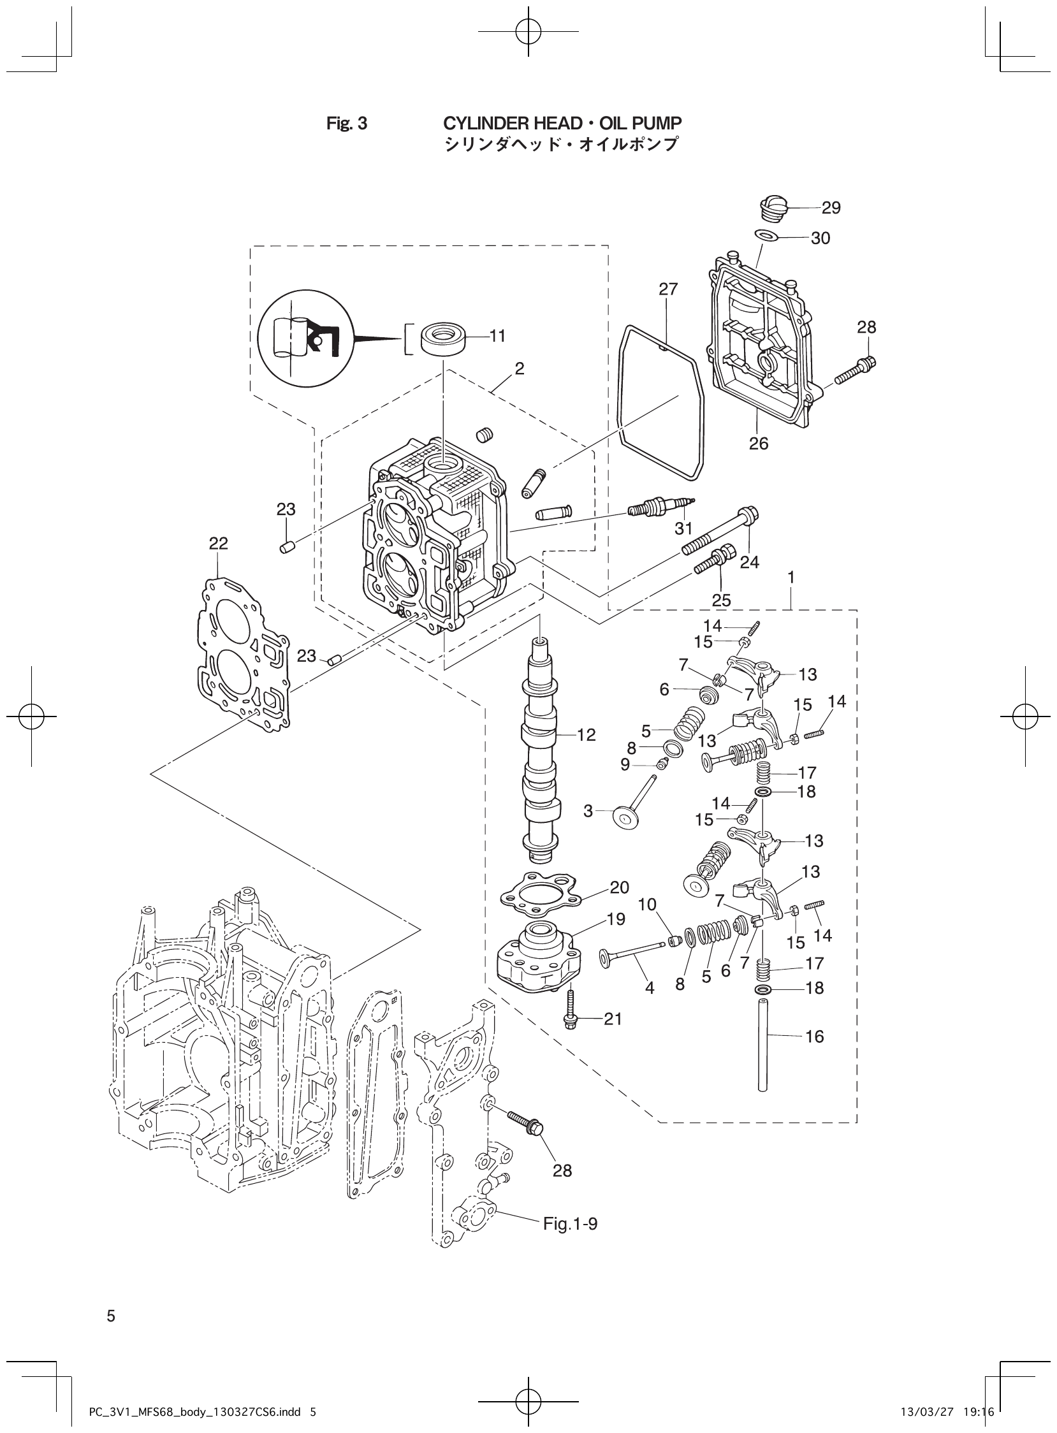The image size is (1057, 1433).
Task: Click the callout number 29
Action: [831, 207]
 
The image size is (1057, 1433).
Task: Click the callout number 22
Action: [218, 543]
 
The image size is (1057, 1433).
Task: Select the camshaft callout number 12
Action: [586, 734]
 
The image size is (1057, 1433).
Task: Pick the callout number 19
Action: [615, 919]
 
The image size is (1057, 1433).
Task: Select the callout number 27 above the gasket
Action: [668, 289]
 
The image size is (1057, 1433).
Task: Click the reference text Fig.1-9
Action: [570, 1224]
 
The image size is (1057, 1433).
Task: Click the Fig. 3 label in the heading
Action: [347, 123]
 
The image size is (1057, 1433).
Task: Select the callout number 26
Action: [758, 443]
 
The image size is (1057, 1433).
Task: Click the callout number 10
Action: [647, 905]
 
